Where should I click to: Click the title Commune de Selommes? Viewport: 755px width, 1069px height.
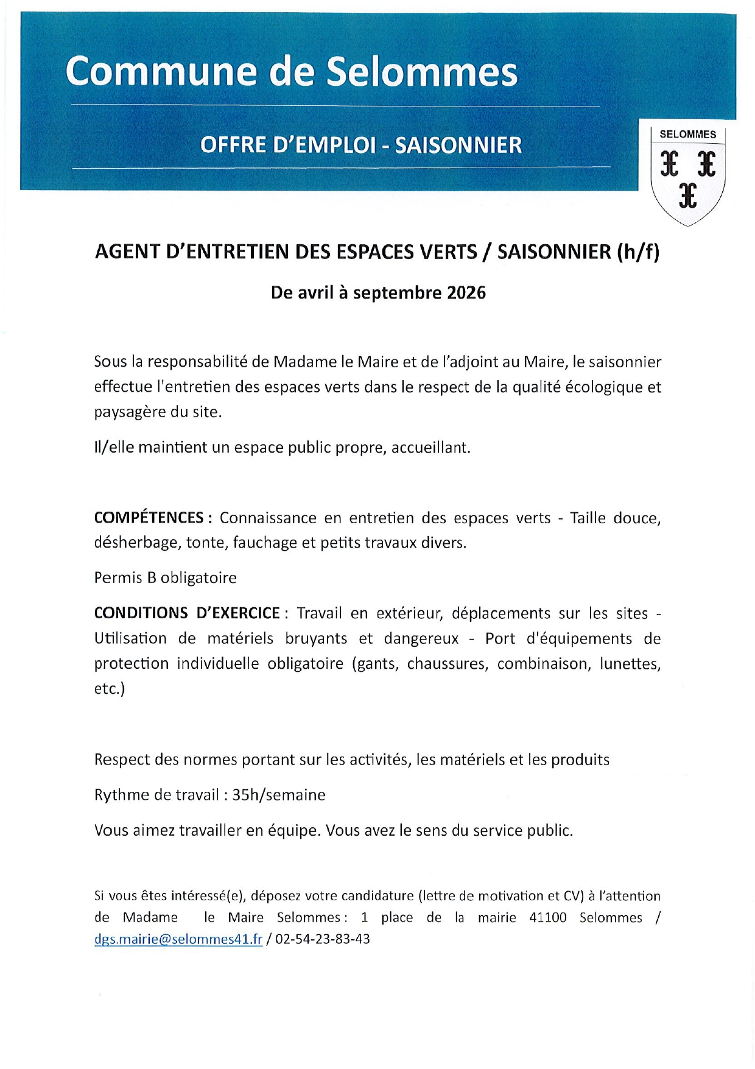coord(291,72)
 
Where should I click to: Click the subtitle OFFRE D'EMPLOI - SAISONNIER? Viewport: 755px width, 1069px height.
coord(361,146)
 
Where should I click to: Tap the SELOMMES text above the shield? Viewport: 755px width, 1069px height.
coord(687,135)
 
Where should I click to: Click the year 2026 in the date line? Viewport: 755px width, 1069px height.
coord(466,293)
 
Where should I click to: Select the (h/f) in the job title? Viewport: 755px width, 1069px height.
coord(637,252)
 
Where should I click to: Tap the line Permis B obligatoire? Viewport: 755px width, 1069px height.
coord(165,577)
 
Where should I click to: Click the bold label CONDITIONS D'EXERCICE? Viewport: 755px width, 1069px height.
coord(187,613)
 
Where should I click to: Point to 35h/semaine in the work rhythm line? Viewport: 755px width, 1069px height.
coord(279,795)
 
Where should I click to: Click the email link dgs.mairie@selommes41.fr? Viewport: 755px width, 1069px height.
coord(178,939)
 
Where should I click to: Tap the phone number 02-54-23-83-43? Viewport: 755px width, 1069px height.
coord(323,939)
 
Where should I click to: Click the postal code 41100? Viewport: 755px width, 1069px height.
coord(548,917)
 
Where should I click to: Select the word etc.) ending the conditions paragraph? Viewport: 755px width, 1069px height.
coord(110,689)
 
